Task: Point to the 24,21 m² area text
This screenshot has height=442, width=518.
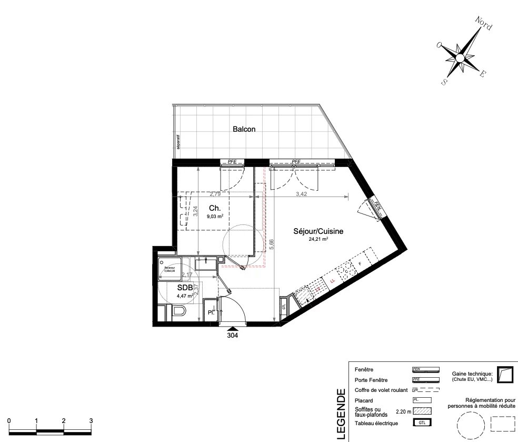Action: [318, 239]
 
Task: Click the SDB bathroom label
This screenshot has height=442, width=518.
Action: [184, 288]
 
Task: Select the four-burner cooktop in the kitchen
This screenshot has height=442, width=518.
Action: [345, 271]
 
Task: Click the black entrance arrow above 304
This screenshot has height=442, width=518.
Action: [232, 330]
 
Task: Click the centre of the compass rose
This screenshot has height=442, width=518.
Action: [460, 57]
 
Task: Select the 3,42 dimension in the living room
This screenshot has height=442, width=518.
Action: [301, 194]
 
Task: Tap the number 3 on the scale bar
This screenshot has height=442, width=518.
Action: [91, 421]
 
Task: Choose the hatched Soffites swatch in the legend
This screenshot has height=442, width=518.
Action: [422, 411]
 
